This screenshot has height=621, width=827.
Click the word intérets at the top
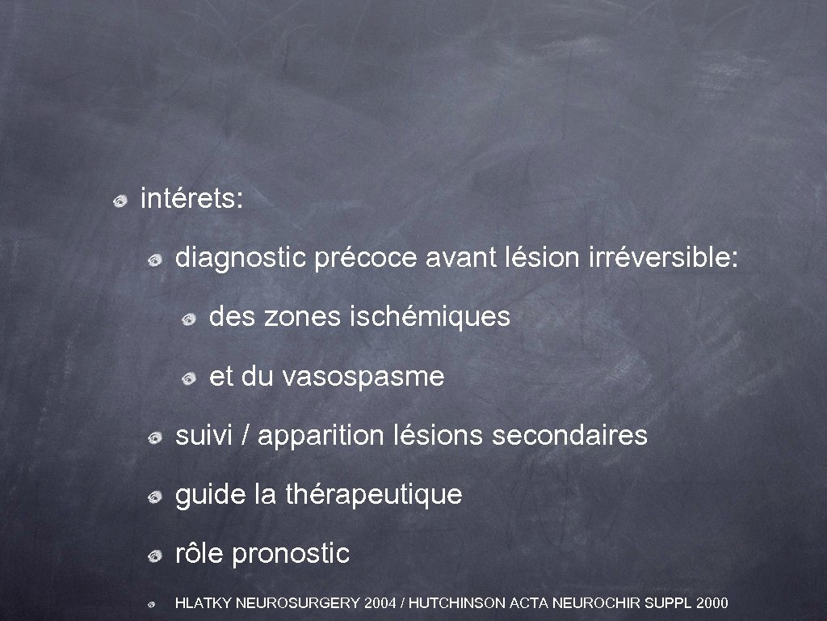point(189,199)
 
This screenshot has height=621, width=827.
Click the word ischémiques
point(430,317)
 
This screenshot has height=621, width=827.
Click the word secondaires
point(569,436)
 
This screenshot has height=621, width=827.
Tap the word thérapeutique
point(374,494)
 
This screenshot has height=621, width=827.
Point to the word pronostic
point(291,554)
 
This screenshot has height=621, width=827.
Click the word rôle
point(200,554)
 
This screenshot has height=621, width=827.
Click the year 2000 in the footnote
point(712,603)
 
